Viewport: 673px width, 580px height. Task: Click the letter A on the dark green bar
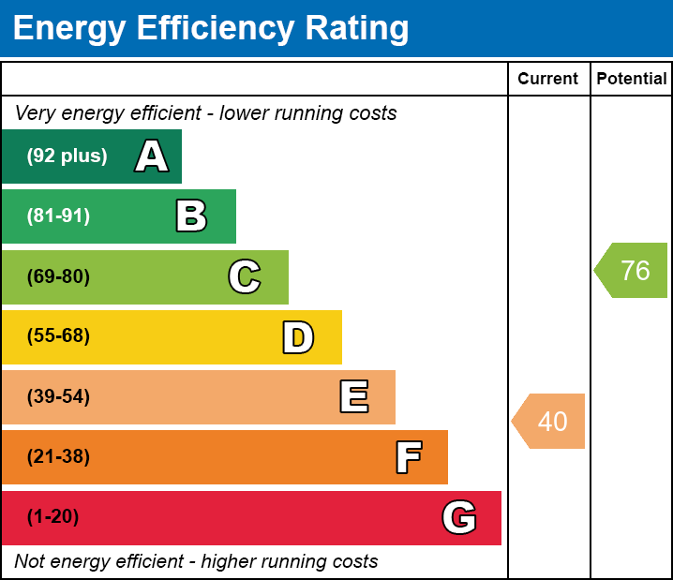(x=152, y=156)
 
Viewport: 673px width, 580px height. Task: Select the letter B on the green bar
(x=191, y=216)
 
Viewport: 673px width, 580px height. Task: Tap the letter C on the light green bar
(x=245, y=276)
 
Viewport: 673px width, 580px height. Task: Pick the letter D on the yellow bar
(x=298, y=337)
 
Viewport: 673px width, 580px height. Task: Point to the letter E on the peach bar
(x=353, y=397)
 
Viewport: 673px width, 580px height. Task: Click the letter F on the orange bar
(x=408, y=457)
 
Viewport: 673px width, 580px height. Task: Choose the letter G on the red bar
(x=459, y=517)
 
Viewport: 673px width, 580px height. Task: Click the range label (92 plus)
(x=67, y=156)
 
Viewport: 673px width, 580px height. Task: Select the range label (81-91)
(x=58, y=216)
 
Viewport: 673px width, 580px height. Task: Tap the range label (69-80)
(x=58, y=276)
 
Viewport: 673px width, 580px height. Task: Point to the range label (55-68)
(x=58, y=336)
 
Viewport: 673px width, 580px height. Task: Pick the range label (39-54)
(x=58, y=397)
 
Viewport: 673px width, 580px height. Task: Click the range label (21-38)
(x=58, y=457)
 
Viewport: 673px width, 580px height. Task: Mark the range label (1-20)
(x=53, y=517)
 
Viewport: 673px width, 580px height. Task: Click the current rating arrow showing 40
(x=550, y=422)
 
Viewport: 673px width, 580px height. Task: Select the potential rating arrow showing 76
(x=633, y=271)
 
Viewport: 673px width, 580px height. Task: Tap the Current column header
(x=548, y=80)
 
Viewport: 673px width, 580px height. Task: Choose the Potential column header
(x=632, y=80)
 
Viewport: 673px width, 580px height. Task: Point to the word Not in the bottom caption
(x=31, y=561)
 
